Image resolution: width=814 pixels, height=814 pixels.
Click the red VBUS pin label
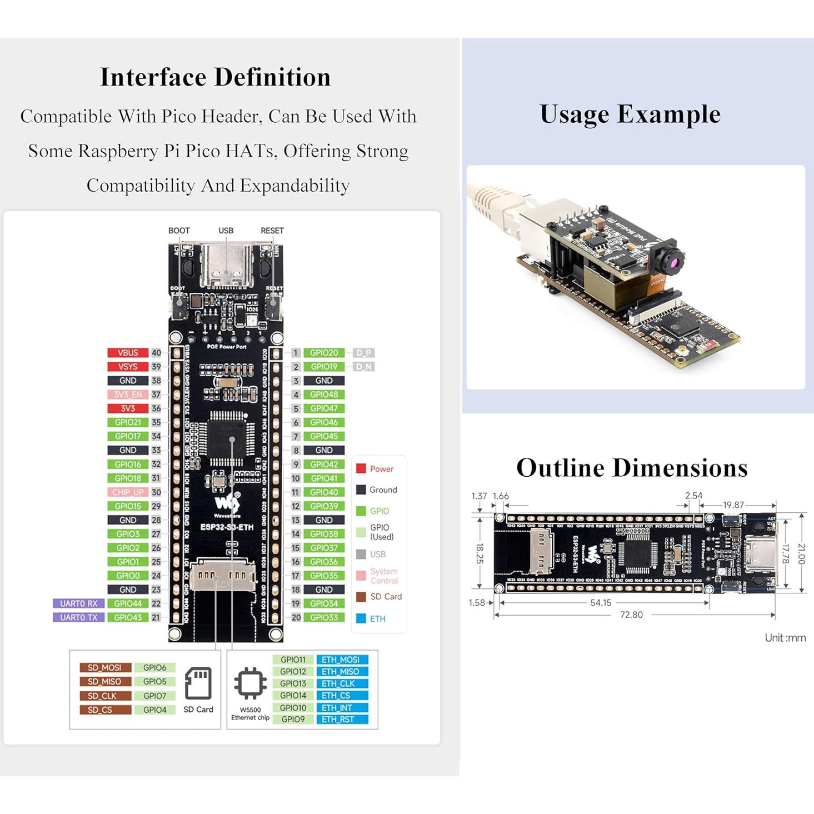[x=128, y=353]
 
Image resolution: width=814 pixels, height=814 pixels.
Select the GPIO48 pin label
[x=324, y=394]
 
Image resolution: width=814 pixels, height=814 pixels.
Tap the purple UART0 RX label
[x=78, y=603]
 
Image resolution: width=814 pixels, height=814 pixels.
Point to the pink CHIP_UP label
[x=128, y=492]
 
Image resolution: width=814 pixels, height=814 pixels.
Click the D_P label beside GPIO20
[x=363, y=353]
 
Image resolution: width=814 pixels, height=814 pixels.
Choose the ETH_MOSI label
[x=341, y=660]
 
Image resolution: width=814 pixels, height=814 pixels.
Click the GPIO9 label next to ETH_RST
[x=293, y=719]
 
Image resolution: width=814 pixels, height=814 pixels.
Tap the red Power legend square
[x=361, y=468]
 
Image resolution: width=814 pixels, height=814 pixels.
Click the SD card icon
[x=198, y=683]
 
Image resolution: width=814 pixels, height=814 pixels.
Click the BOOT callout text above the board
[x=179, y=231]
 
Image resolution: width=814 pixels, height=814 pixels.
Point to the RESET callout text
[x=272, y=231]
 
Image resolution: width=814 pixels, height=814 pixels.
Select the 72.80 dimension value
[x=631, y=615]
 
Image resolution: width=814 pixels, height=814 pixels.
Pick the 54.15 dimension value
[x=601, y=602]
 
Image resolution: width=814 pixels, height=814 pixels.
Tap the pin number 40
[x=156, y=353]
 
